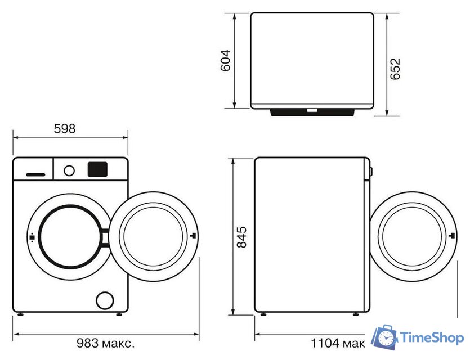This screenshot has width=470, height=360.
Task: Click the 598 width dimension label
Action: [x=64, y=129]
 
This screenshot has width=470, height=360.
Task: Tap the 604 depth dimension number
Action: [x=225, y=60]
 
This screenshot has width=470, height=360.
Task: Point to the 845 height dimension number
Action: [x=241, y=237]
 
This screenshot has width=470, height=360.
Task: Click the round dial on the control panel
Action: [x=69, y=169]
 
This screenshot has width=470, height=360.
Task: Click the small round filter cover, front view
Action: [x=105, y=300]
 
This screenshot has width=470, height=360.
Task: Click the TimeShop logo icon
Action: [x=386, y=337]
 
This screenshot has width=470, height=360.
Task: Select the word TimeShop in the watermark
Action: [x=432, y=337]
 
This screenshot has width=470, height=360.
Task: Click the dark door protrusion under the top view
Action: [x=312, y=112]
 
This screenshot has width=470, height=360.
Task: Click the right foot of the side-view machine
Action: [x=355, y=314]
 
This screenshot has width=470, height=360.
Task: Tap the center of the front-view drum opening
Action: [x=68, y=237]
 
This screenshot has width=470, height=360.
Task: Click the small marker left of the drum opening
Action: [x=32, y=237]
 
